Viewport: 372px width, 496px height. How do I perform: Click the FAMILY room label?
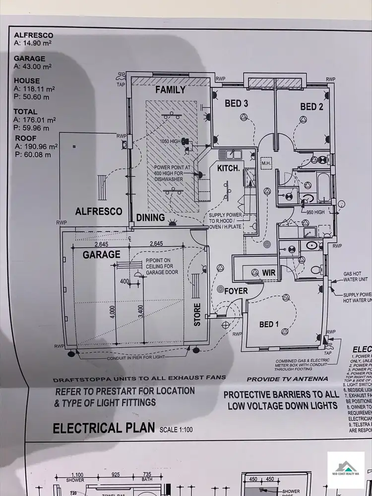[170, 90]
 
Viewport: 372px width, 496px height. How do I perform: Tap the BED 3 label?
[236, 104]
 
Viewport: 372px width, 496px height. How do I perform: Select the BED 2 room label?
[311, 107]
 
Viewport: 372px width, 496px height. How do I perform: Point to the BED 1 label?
[269, 324]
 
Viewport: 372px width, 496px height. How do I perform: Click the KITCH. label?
[229, 169]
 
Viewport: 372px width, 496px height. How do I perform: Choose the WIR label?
[269, 273]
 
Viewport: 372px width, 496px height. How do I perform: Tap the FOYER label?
[236, 291]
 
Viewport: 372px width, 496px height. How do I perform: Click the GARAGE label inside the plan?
[101, 255]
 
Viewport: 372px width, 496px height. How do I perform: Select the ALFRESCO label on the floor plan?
[99, 212]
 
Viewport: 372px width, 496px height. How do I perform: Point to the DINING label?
[150, 217]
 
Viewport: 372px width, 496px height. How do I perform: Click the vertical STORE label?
[197, 314]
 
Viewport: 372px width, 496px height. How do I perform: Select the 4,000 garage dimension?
[113, 311]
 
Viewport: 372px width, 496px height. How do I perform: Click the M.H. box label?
[265, 163]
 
